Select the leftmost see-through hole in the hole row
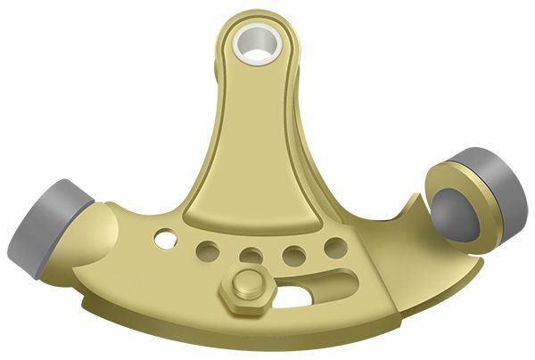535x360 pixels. (x=165, y=239)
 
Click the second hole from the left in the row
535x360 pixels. (x=208, y=249)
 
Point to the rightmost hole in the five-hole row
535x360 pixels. (x=335, y=247)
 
